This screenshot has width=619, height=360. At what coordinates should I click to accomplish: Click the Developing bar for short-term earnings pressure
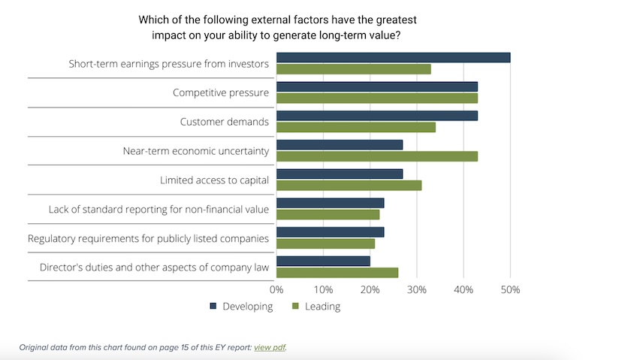pyautogui.click(x=393, y=58)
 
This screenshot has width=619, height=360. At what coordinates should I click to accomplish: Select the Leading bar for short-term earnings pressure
pyautogui.click(x=353, y=69)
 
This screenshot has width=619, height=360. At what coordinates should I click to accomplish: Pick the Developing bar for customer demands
pyautogui.click(x=376, y=116)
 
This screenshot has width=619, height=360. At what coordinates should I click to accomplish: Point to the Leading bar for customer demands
pyautogui.click(x=355, y=127)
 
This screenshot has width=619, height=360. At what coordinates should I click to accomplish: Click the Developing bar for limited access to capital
pyautogui.click(x=339, y=174)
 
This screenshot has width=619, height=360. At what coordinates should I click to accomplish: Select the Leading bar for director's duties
pyautogui.click(x=337, y=272)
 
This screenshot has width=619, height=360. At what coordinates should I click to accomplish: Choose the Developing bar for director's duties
pyautogui.click(x=323, y=261)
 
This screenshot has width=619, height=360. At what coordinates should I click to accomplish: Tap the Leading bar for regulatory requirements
pyautogui.click(x=325, y=244)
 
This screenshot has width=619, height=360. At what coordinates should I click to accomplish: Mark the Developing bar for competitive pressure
pyautogui.click(x=376, y=86)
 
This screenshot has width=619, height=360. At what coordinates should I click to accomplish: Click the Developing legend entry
pyautogui.click(x=241, y=306)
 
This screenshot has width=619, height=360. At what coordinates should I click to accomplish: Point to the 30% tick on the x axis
pyautogui.click(x=417, y=289)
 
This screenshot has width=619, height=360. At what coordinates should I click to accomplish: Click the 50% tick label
pyautogui.click(x=510, y=289)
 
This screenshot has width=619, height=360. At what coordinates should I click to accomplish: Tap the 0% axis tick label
pyautogui.click(x=276, y=289)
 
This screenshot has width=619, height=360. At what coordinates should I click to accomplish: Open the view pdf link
pyautogui.click(x=270, y=347)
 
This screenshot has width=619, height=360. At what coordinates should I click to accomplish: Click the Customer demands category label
pyautogui.click(x=224, y=122)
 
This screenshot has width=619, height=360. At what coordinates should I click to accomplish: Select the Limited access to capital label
pyautogui.click(x=214, y=180)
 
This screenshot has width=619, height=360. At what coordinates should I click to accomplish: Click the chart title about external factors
pyautogui.click(x=277, y=27)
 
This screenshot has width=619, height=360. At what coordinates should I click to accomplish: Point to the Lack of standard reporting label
pyautogui.click(x=159, y=209)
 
